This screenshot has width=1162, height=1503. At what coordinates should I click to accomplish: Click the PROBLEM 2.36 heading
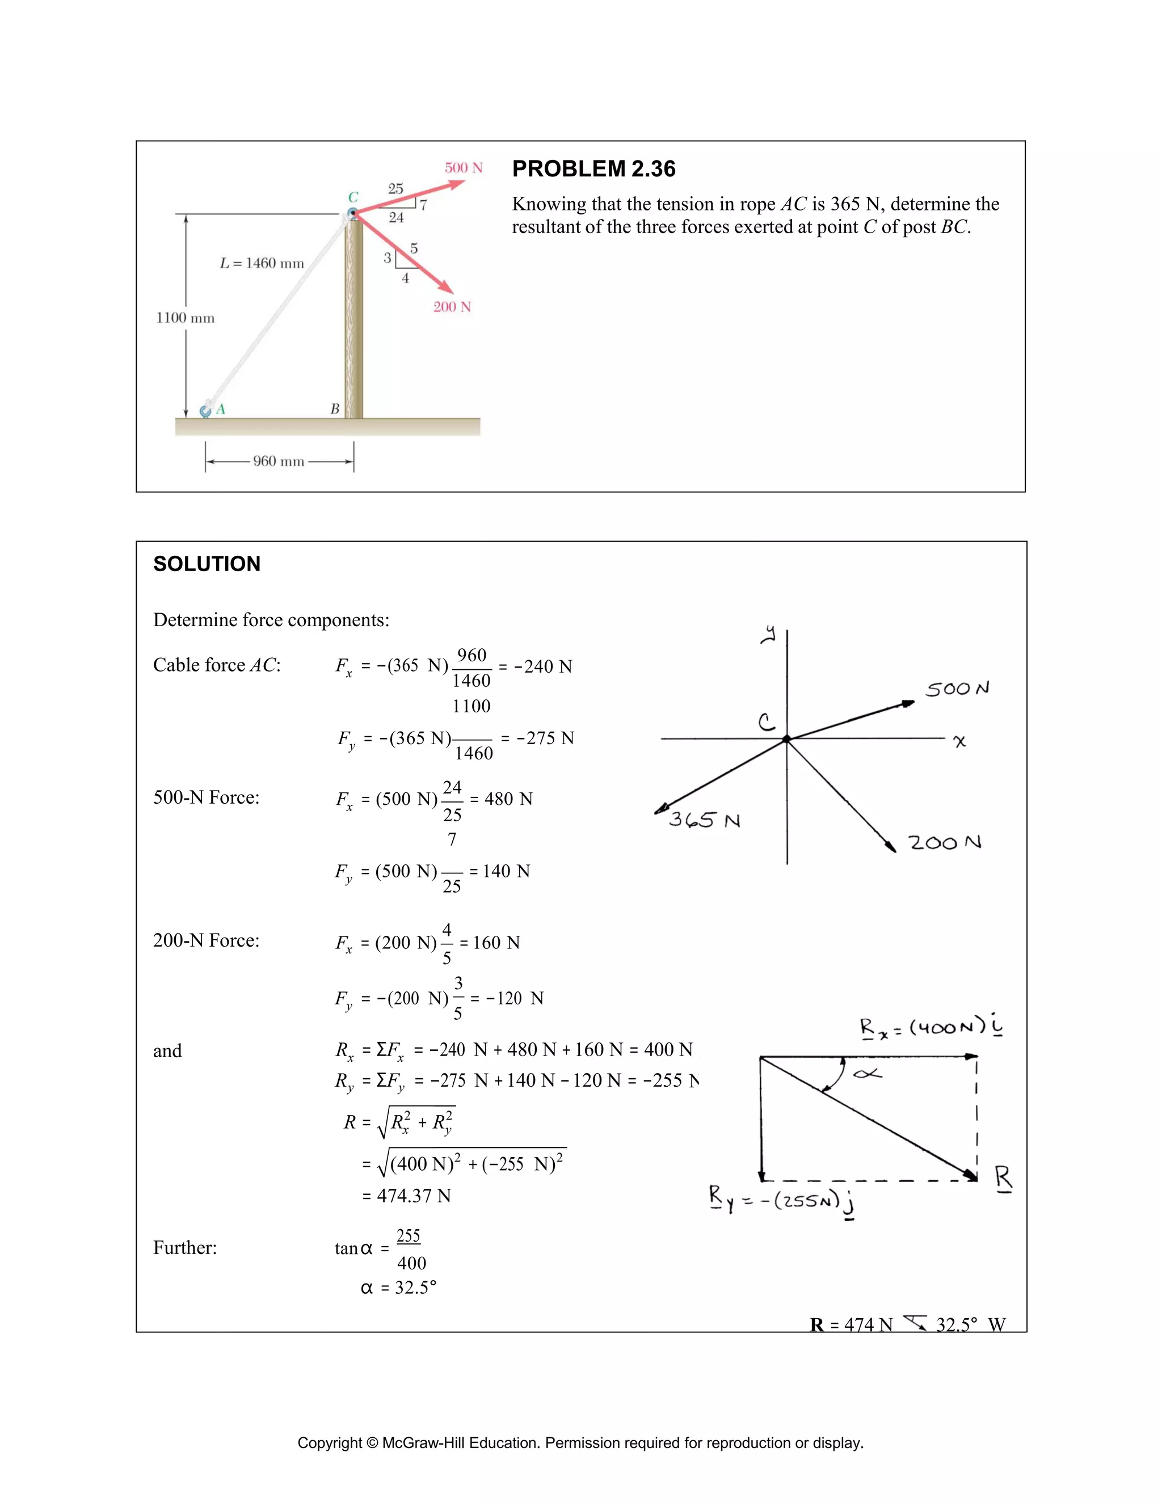(593, 168)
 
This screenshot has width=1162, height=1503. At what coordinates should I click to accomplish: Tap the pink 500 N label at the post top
(464, 168)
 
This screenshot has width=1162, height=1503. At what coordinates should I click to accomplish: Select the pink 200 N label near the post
(452, 307)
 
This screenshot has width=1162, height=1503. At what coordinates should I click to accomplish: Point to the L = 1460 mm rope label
(262, 263)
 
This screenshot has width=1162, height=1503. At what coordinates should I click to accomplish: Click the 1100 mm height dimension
(185, 318)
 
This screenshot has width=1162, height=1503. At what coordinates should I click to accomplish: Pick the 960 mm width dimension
(278, 461)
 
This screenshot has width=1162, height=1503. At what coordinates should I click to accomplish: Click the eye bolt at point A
(205, 411)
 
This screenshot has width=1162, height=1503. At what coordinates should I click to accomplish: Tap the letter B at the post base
(335, 409)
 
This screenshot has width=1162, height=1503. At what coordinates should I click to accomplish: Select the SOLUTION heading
(207, 564)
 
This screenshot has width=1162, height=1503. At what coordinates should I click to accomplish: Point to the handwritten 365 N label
(704, 820)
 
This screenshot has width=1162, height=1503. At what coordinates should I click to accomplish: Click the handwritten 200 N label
(945, 842)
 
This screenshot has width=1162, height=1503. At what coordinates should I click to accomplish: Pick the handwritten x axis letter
(959, 741)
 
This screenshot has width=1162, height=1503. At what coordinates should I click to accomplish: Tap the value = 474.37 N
(406, 1196)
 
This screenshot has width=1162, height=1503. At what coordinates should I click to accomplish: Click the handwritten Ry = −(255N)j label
(781, 1201)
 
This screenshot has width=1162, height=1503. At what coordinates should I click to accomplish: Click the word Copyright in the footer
(329, 1442)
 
